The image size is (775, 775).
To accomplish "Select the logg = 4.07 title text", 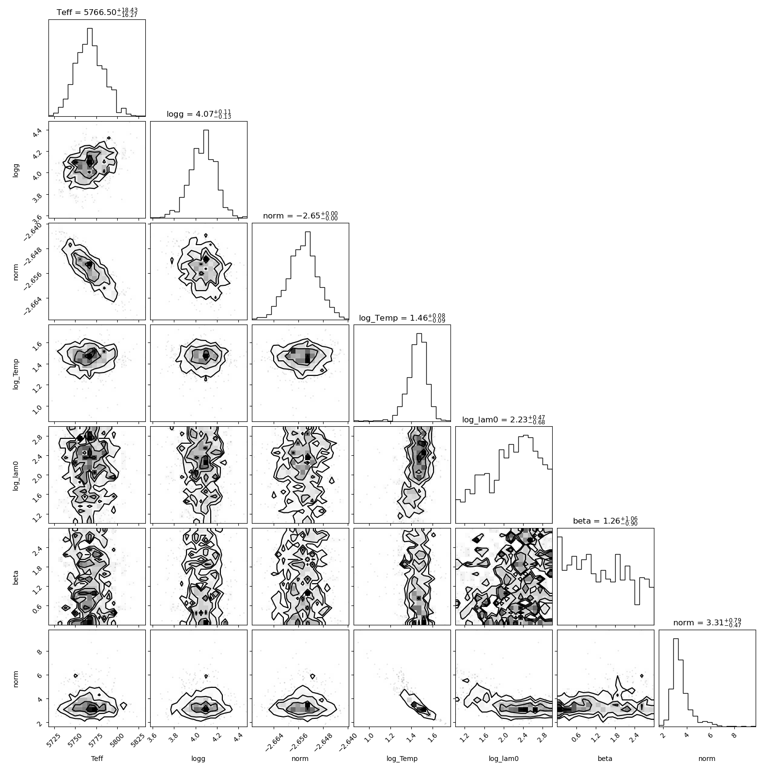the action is [x=199, y=114].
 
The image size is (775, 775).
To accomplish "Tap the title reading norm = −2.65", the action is [x=300, y=216].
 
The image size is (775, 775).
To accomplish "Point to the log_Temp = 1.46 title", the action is [x=402, y=318].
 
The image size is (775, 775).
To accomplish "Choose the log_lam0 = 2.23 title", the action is [x=504, y=419].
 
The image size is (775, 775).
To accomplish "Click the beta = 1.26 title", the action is [x=605, y=521].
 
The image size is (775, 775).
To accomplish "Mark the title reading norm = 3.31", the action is [x=707, y=623].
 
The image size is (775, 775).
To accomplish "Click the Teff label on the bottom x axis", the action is [x=97, y=759].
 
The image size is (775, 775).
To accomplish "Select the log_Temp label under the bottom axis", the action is [x=402, y=759].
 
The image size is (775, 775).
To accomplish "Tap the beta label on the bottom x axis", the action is [x=605, y=759].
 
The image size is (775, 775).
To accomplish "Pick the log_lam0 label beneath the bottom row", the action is [x=504, y=759].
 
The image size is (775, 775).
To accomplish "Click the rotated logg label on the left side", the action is [x=16, y=170].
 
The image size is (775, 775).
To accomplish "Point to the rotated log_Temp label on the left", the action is [x=16, y=373].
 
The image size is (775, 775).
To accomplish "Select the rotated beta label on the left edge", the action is [x=16, y=576].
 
